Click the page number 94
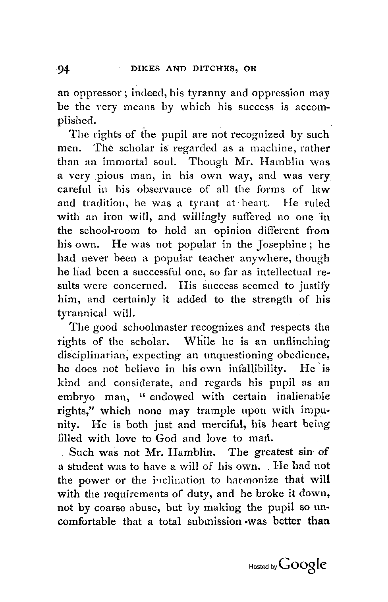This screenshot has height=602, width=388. [64, 69]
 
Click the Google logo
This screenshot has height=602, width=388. [303, 565]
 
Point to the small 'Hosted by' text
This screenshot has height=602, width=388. [263, 567]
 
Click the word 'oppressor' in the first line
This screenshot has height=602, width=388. [95, 94]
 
